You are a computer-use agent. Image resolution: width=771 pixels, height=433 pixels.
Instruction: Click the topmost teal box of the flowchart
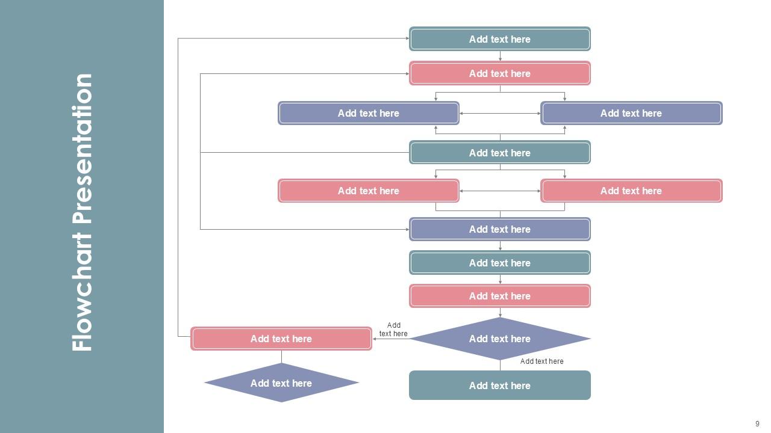click(x=500, y=39)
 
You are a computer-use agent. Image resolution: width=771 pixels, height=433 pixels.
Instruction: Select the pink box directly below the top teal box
click(x=500, y=73)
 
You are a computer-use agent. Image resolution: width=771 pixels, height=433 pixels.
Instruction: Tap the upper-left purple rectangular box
click(x=369, y=113)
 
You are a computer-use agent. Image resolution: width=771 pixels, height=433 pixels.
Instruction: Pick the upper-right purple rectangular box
click(x=631, y=113)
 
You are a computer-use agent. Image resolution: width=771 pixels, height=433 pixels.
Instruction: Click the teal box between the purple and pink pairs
click(x=500, y=153)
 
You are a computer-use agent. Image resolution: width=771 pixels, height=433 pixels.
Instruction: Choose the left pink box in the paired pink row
click(x=369, y=191)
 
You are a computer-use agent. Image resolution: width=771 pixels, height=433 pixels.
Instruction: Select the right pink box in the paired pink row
click(x=631, y=191)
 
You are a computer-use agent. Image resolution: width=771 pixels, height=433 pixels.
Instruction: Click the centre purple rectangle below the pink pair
click(x=500, y=229)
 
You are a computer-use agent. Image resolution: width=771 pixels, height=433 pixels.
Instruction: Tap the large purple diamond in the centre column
click(x=500, y=339)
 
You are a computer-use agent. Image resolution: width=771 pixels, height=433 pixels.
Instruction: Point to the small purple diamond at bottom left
click(x=281, y=383)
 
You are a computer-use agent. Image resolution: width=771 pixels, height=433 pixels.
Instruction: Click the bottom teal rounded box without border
click(x=500, y=385)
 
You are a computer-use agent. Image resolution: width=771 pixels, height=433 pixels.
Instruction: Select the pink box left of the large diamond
click(x=281, y=339)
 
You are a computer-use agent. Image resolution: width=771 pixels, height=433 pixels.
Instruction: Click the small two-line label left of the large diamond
click(x=393, y=330)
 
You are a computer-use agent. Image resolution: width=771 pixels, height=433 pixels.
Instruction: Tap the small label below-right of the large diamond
click(x=542, y=361)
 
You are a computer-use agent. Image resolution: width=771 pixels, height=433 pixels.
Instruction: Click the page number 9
click(x=757, y=424)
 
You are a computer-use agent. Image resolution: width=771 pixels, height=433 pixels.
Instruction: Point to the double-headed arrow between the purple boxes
click(x=500, y=113)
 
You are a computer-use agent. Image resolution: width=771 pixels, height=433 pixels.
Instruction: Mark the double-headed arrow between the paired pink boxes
click(x=500, y=191)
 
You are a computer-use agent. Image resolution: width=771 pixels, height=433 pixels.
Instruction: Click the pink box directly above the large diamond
click(x=500, y=296)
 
